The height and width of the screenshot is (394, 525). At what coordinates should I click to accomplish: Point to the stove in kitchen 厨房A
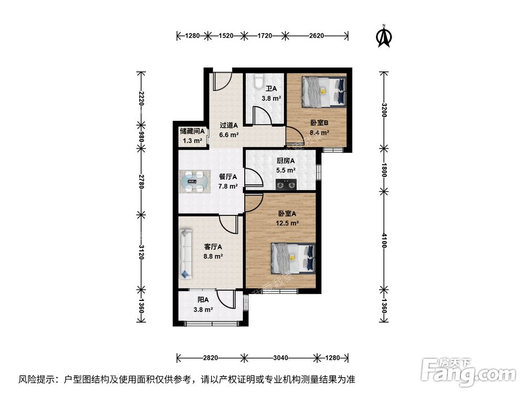tap(286, 184)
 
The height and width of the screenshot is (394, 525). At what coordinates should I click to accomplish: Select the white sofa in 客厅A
tap(185, 255)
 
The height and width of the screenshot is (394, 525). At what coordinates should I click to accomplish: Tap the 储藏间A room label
tap(192, 131)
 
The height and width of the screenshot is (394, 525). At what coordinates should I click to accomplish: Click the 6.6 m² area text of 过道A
tap(229, 134)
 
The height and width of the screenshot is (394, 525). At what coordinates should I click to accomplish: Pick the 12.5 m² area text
tap(288, 223)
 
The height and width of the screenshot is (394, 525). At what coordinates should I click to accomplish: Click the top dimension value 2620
tap(316, 36)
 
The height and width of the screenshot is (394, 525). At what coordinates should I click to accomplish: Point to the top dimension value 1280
tap(193, 36)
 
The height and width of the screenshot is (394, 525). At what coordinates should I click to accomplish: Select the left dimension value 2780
tap(140, 181)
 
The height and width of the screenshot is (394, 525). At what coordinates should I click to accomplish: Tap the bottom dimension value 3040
tap(281, 358)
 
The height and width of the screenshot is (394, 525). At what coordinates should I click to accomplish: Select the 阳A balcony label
tap(203, 300)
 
